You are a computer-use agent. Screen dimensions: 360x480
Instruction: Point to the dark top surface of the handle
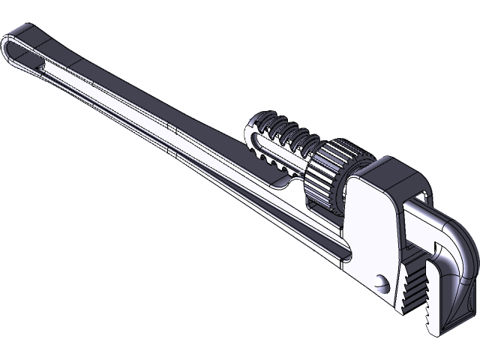[150, 97]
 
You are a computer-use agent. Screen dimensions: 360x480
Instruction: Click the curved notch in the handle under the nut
[285, 184]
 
